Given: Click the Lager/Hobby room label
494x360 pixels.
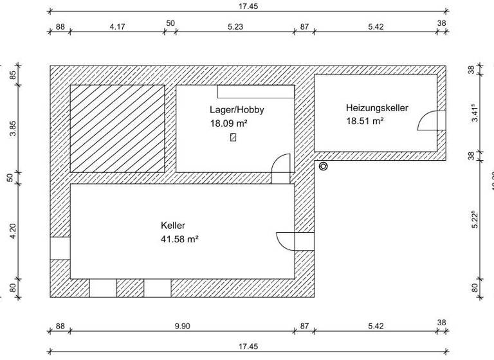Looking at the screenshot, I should tap(237, 110).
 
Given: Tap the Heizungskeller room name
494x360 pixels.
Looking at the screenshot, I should tap(377, 108).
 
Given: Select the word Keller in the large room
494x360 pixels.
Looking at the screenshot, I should tap(173, 226).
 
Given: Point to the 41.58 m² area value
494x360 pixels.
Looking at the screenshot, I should tap(179, 239).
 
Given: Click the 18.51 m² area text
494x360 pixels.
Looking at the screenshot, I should tap(365, 121).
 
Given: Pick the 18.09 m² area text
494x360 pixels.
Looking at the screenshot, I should tap(228, 123).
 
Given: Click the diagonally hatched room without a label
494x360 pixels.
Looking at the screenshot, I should tap(116, 128).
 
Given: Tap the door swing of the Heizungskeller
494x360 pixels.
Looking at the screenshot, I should tap(430, 121).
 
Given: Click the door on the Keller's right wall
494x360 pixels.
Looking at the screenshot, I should tap(287, 240).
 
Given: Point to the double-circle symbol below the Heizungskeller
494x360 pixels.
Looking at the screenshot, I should tap(323, 166).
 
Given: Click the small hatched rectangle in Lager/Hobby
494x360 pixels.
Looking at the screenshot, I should tap(233, 137).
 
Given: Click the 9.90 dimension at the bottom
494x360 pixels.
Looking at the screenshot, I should tap(182, 326).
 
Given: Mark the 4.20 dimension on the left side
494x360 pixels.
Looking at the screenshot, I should tap(12, 231).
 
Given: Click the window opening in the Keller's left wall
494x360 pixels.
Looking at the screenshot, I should tap(60, 248).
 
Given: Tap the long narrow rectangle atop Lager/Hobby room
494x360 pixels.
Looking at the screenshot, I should tap(256, 91).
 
